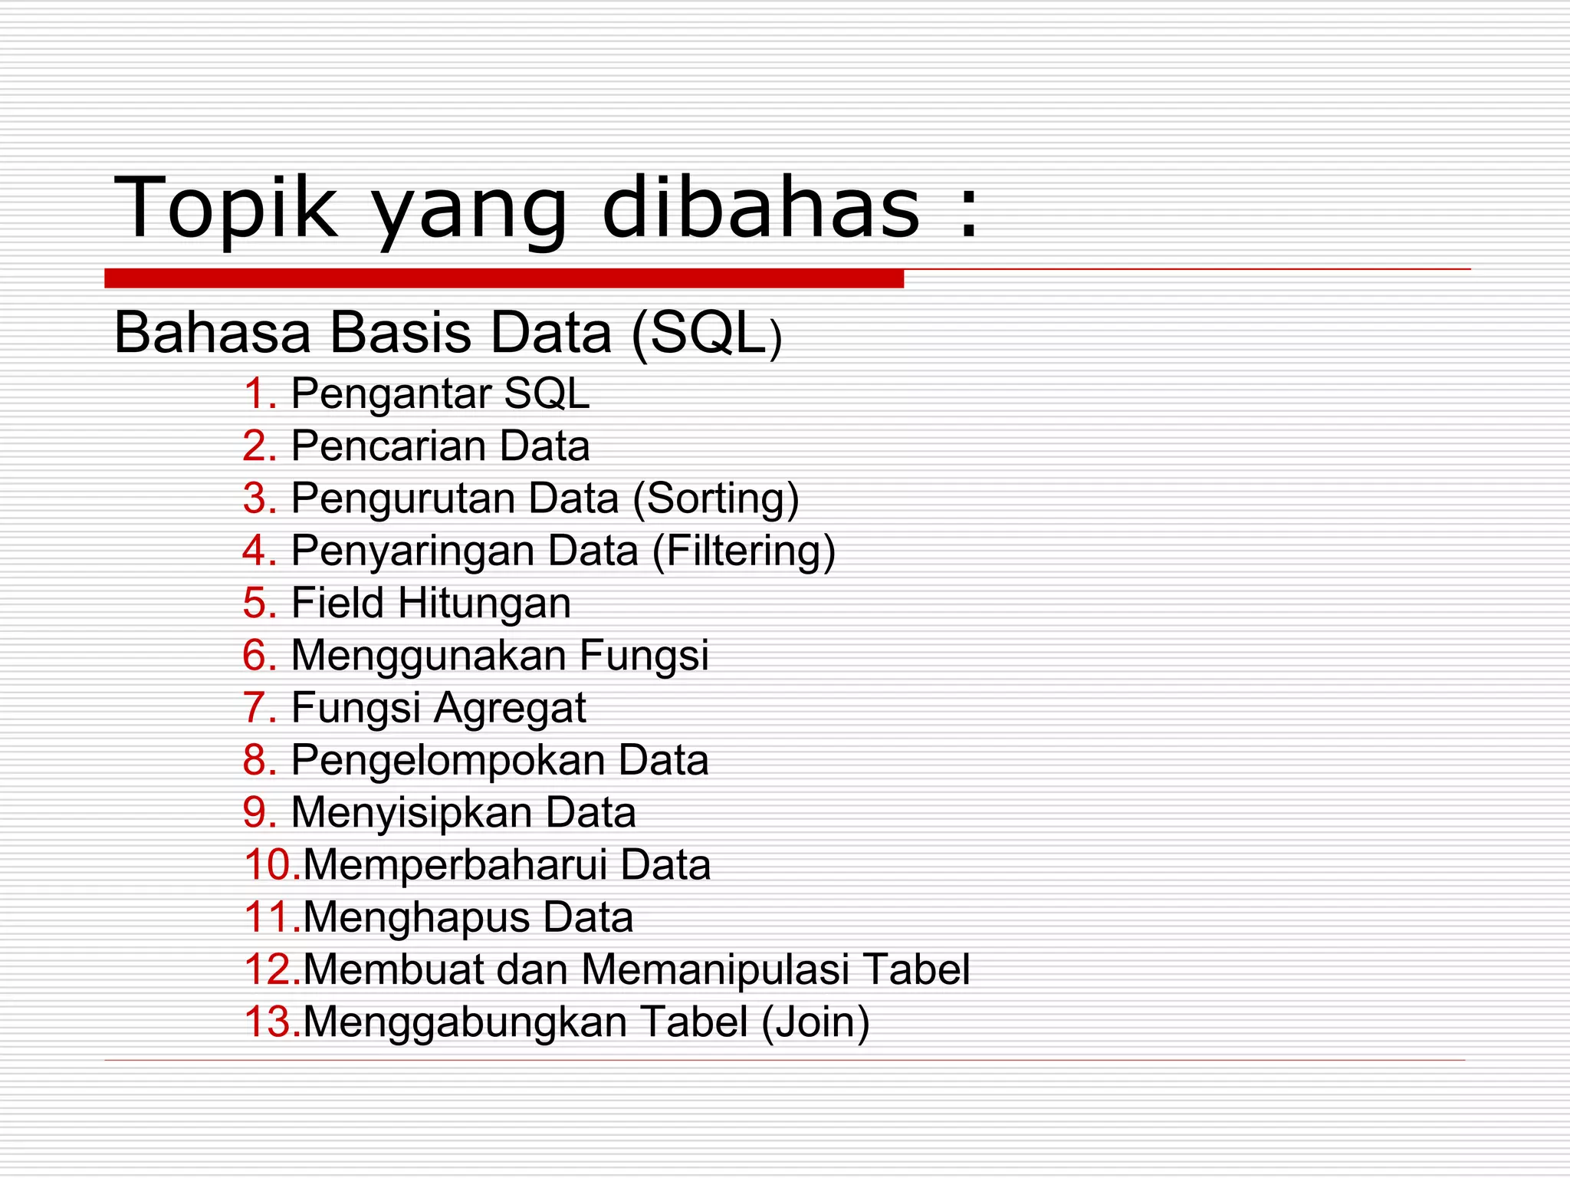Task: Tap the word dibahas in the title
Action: (760, 207)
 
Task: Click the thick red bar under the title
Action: (504, 278)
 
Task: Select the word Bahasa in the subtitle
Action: (212, 333)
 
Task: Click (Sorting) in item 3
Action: (716, 499)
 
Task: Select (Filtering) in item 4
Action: (744, 551)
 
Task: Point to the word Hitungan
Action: (484, 604)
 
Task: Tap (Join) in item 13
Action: (816, 1022)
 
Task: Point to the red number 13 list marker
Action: (271, 1022)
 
